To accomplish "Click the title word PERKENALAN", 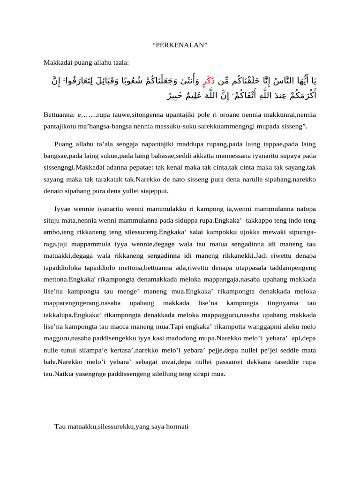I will coord(180,45).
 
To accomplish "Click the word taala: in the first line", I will coord(119,62).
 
